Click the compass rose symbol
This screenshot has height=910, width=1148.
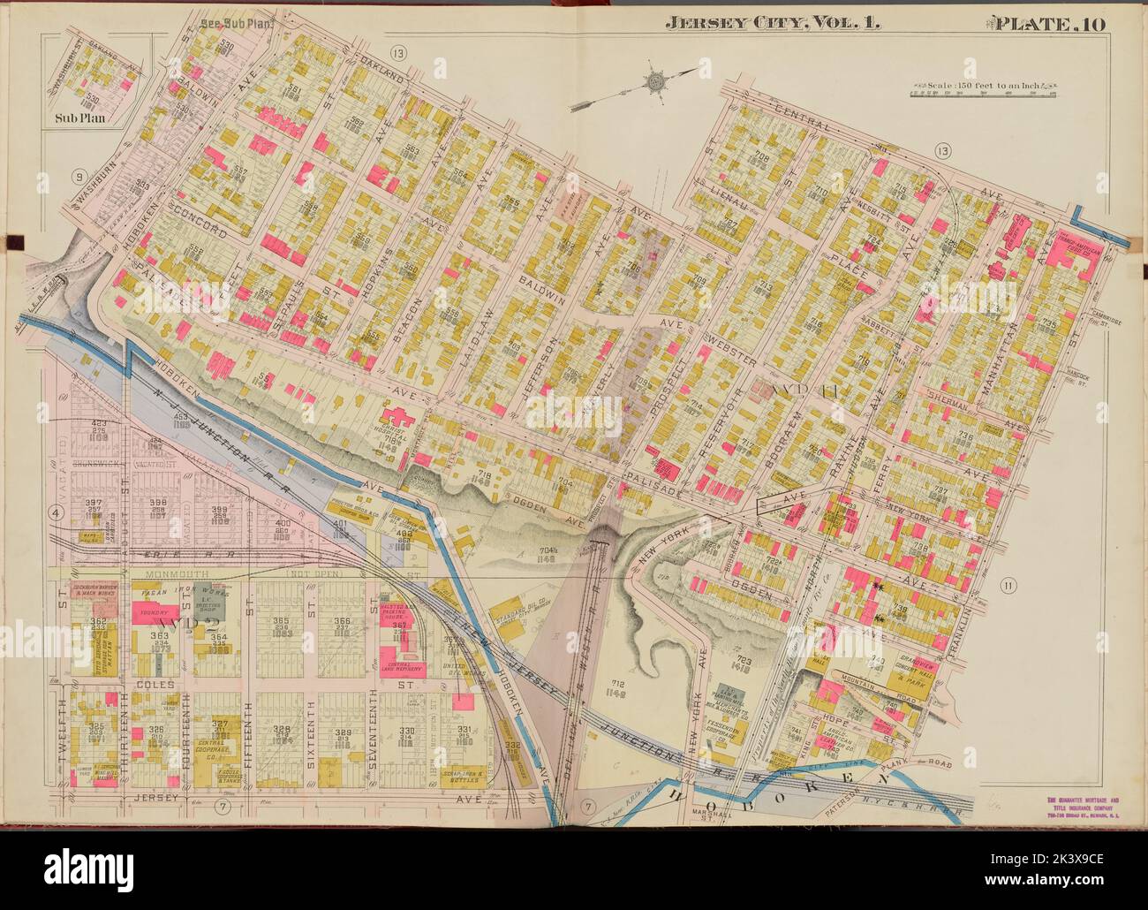(656, 82)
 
